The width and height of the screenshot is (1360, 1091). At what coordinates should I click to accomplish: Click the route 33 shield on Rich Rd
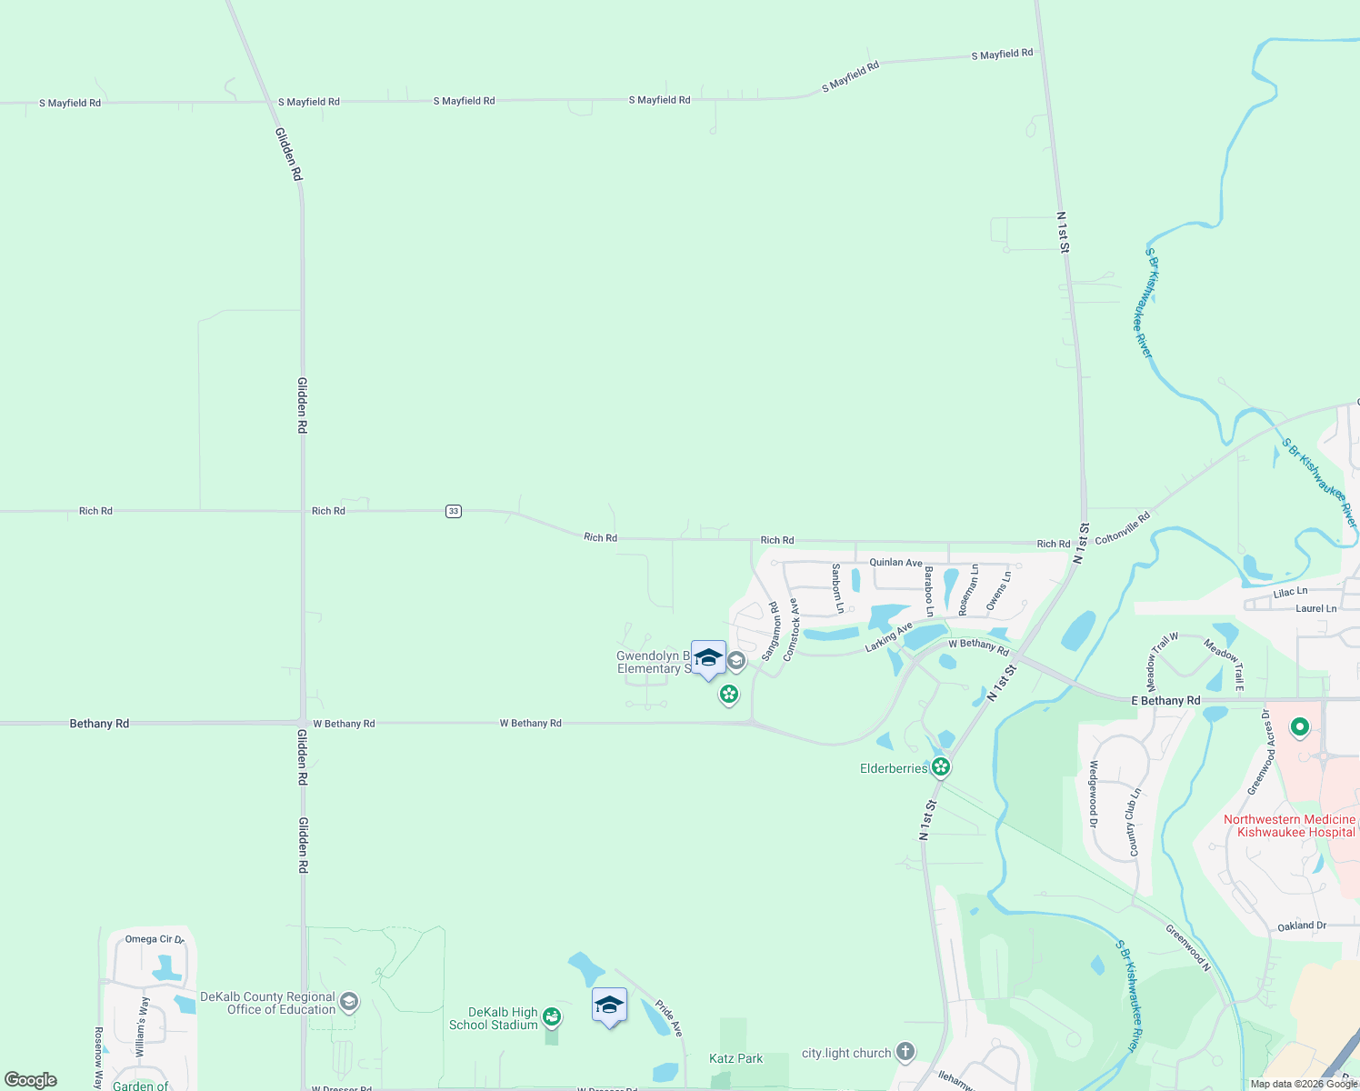click(x=454, y=511)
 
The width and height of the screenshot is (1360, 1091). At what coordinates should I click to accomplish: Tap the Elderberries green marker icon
click(x=941, y=767)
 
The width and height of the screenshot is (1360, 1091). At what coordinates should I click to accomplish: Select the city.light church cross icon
click(x=905, y=1053)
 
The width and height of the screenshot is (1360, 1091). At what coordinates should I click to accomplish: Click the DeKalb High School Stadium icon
click(x=552, y=1016)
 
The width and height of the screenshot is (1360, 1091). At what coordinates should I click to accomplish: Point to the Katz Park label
click(x=736, y=1058)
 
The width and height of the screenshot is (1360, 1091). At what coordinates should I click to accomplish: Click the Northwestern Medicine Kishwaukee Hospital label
click(x=1289, y=826)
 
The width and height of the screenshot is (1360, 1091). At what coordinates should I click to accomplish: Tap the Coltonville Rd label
click(x=1123, y=527)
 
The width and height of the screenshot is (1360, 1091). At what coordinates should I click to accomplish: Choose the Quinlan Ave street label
click(x=895, y=563)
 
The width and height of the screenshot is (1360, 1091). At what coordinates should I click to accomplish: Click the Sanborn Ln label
click(x=838, y=587)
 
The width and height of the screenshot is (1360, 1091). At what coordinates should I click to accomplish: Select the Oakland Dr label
click(x=1302, y=926)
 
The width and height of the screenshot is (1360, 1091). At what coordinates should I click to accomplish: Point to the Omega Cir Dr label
click(x=154, y=939)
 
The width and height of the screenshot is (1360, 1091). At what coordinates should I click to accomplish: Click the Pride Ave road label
click(x=669, y=1018)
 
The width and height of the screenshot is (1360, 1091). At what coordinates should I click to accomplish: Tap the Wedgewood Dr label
click(x=1094, y=788)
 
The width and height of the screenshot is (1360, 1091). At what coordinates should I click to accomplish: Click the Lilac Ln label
click(x=1290, y=593)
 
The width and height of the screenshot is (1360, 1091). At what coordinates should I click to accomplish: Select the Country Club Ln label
click(x=1134, y=823)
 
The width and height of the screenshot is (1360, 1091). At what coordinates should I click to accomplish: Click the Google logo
click(x=31, y=1080)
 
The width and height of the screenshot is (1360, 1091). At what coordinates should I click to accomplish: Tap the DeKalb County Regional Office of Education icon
click(x=349, y=1003)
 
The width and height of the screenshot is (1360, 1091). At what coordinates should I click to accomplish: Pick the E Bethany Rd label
click(x=1165, y=701)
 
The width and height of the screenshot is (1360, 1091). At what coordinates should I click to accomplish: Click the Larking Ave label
click(x=888, y=636)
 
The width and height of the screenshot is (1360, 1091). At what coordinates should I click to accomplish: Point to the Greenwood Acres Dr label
click(x=1262, y=753)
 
